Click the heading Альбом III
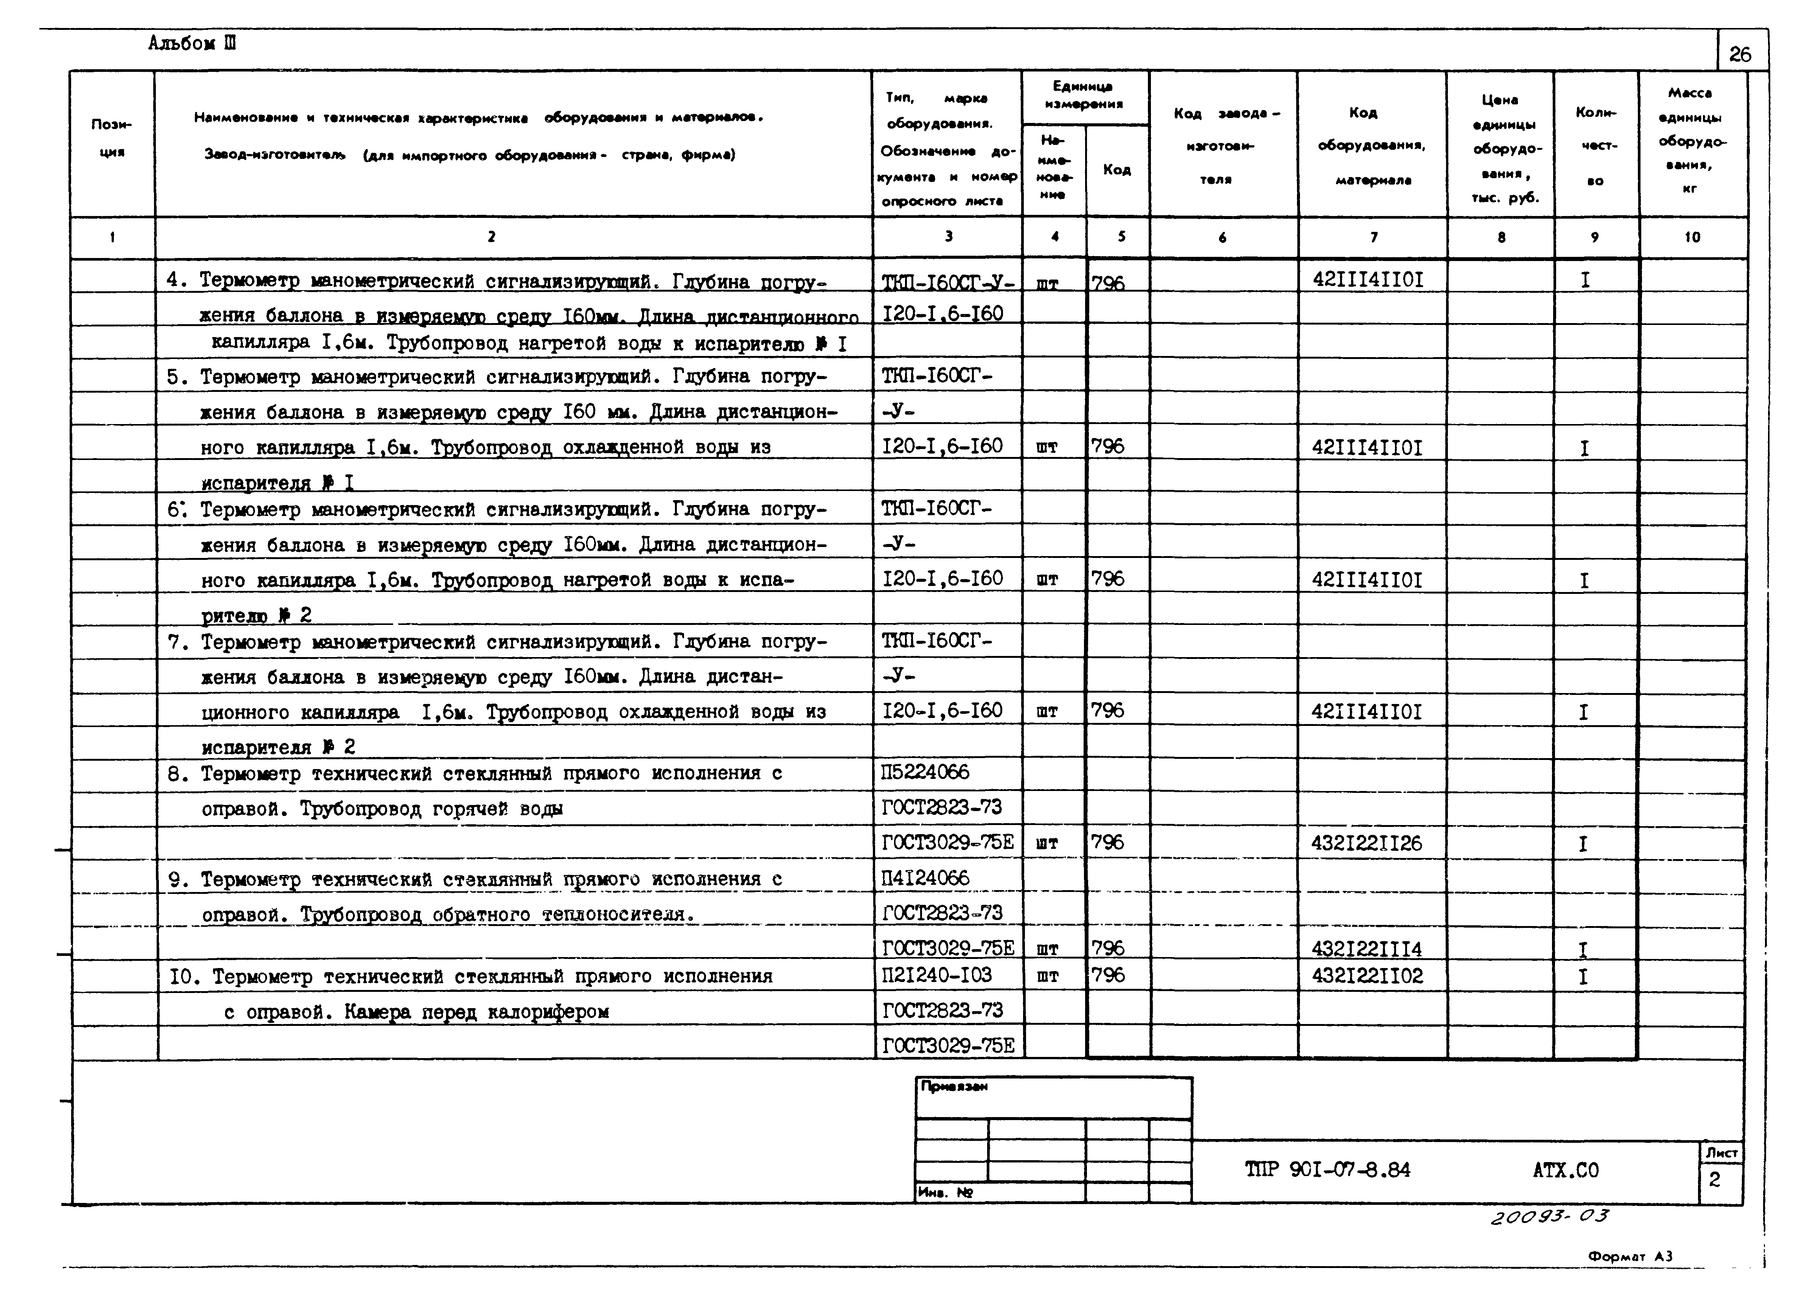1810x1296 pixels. pyautogui.click(x=191, y=44)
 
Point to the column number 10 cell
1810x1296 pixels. pyautogui.click(x=1692, y=237)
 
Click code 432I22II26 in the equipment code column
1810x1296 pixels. pyautogui.click(x=1366, y=844)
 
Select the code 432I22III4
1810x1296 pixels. pyautogui.click(x=1366, y=949)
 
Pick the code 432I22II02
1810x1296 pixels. pyautogui.click(x=1366, y=976)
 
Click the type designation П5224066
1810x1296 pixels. pyautogui.click(x=926, y=772)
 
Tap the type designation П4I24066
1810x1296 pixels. pyautogui.click(x=926, y=879)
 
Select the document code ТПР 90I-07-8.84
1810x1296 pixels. pyautogui.click(x=1327, y=1171)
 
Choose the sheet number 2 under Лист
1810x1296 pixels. pyautogui.click(x=1714, y=1180)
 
